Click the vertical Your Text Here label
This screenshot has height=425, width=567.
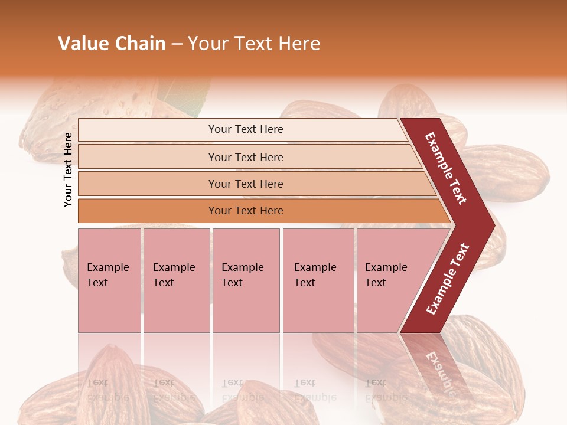click(68, 169)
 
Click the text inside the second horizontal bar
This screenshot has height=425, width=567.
click(246, 157)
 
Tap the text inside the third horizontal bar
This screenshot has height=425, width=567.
click(246, 184)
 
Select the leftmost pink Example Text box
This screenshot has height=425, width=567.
click(109, 280)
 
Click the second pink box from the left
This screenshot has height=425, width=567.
click(177, 280)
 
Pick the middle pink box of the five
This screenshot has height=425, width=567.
click(246, 280)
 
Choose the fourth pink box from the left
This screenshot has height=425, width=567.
click(318, 280)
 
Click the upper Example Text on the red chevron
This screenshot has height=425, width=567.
click(446, 169)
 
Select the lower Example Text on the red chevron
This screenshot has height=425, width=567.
click(448, 279)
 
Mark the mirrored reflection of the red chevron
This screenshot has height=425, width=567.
click(437, 366)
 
